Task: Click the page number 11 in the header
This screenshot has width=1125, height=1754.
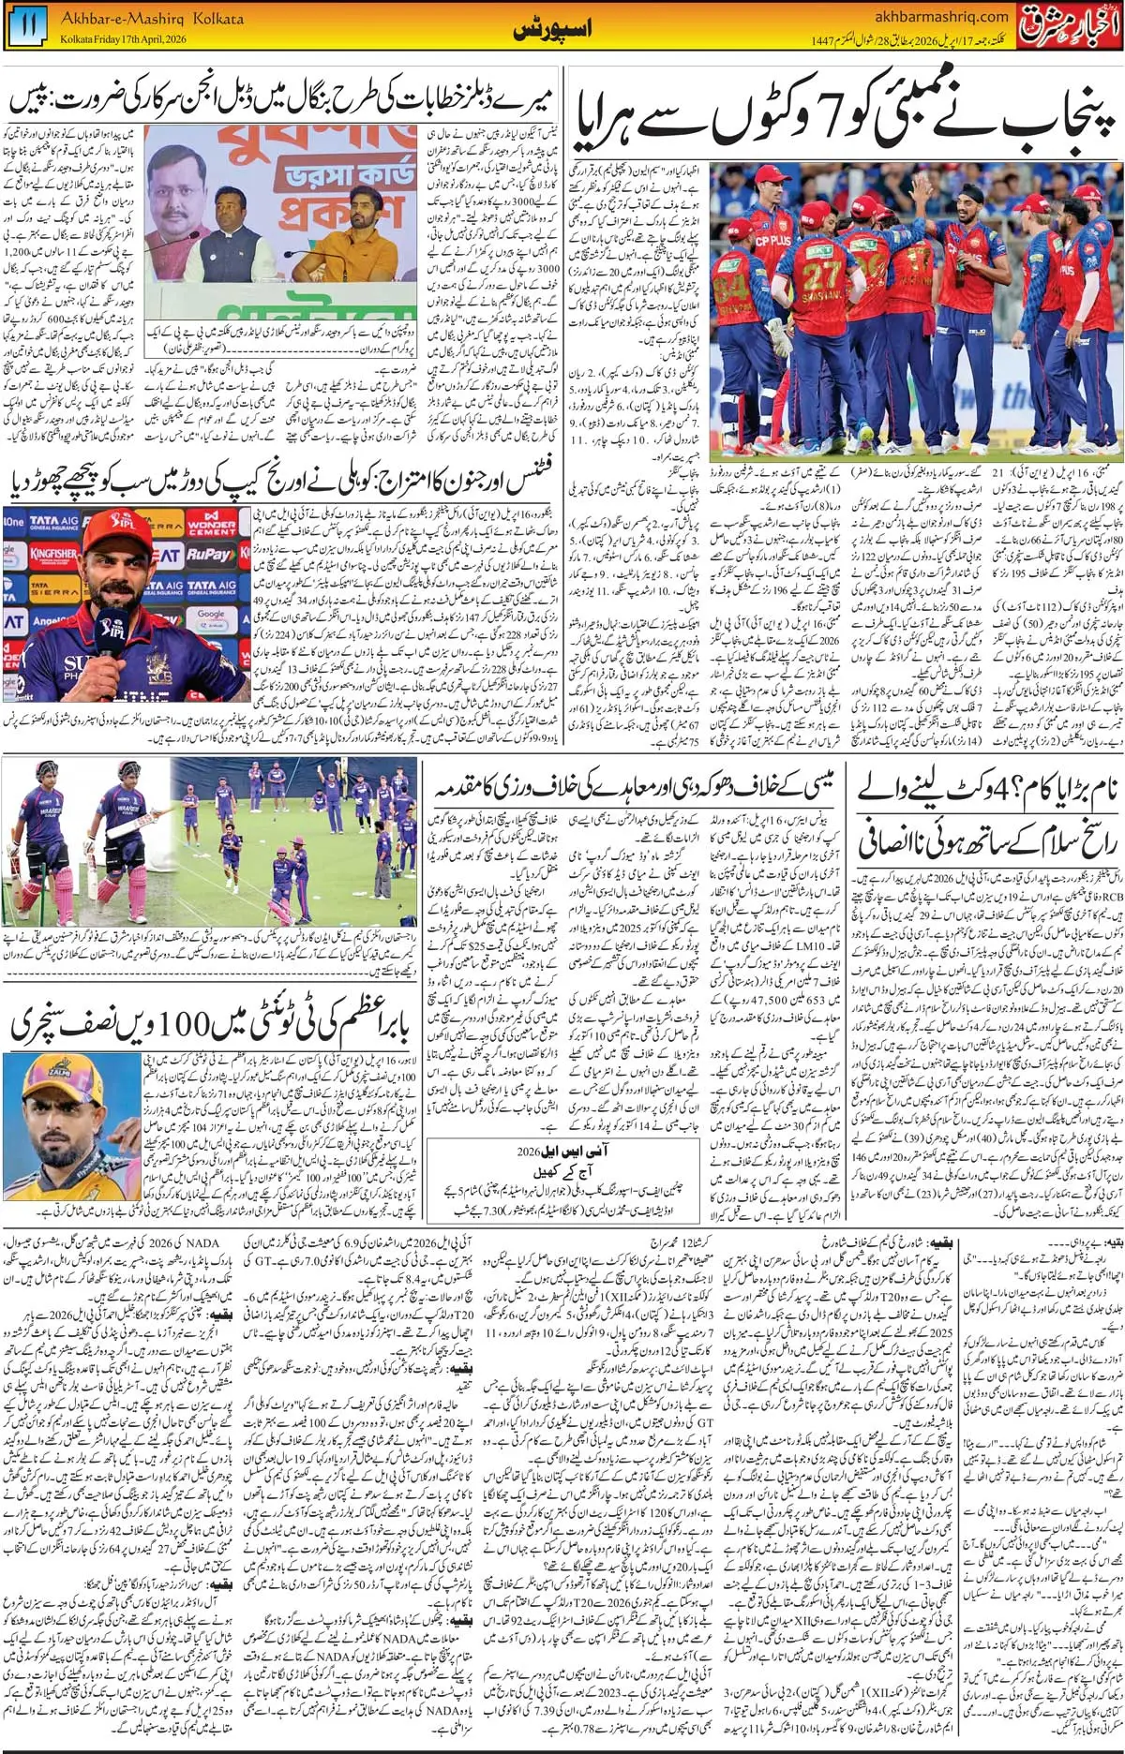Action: point(28,26)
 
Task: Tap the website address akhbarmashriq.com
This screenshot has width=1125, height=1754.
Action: point(940,15)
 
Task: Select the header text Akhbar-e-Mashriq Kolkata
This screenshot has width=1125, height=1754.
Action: point(151,18)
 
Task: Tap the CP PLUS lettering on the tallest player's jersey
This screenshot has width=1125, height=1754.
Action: point(771,242)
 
